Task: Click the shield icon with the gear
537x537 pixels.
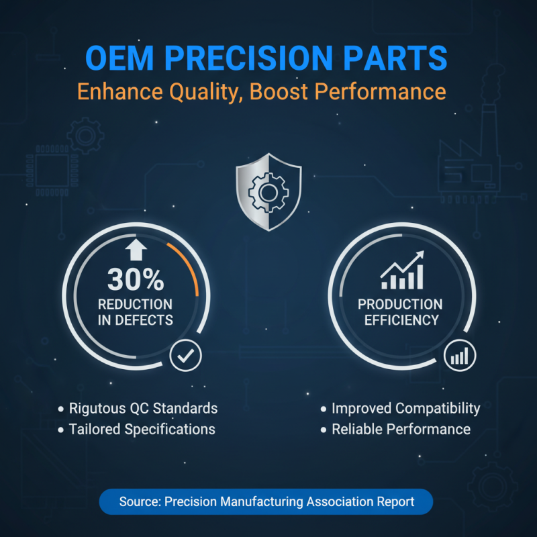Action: tap(268, 192)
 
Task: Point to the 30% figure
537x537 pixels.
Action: tap(135, 280)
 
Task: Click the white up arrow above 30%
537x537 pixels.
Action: tap(136, 250)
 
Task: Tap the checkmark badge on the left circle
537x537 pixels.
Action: tap(185, 356)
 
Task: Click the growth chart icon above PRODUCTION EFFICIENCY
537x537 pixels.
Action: tap(403, 270)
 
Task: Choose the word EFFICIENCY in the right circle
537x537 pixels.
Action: tap(401, 320)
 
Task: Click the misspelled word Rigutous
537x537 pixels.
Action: tap(96, 408)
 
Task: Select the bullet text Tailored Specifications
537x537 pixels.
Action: tap(142, 429)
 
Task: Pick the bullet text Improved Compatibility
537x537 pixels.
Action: tap(405, 408)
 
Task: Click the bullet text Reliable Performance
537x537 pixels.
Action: tap(401, 429)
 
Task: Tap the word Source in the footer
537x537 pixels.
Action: tap(138, 501)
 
